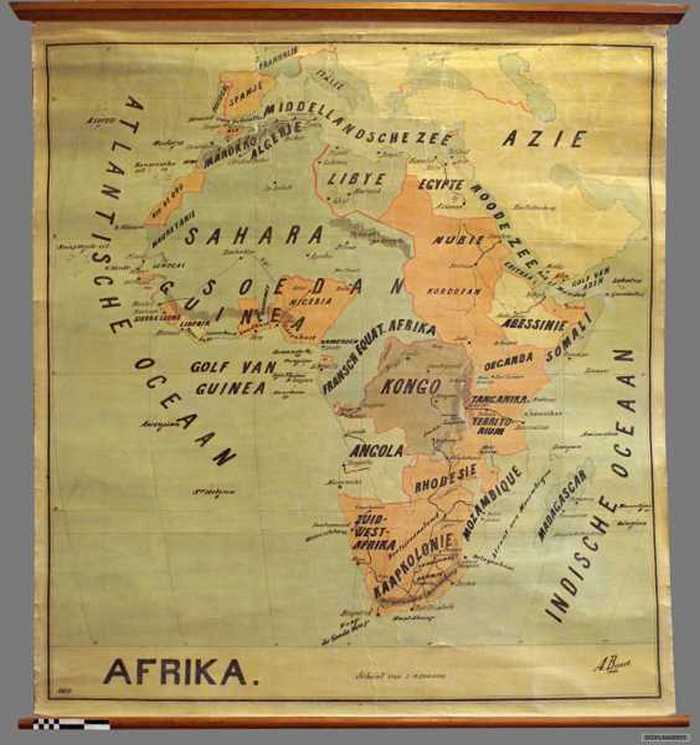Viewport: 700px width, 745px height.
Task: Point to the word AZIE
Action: point(544,138)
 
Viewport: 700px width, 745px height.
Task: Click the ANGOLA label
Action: point(376,451)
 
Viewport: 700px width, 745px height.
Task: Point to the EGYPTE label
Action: point(441,184)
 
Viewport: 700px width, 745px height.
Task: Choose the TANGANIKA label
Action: point(499,398)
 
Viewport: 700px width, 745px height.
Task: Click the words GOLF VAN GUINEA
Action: point(233,377)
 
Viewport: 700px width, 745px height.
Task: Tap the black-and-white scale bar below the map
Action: point(69,723)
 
